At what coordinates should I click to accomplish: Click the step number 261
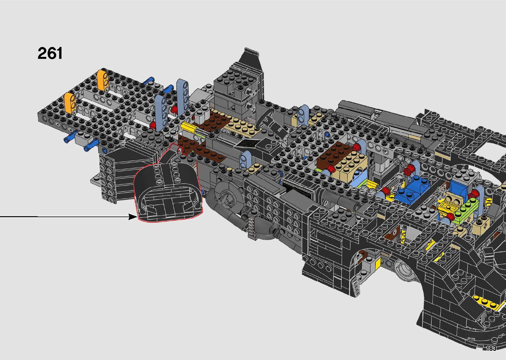pos(50,53)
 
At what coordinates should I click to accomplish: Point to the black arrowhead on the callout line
pos(133,217)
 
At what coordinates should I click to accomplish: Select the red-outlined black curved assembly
pos(168,185)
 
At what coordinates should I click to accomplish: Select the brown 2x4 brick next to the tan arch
pos(334,154)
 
